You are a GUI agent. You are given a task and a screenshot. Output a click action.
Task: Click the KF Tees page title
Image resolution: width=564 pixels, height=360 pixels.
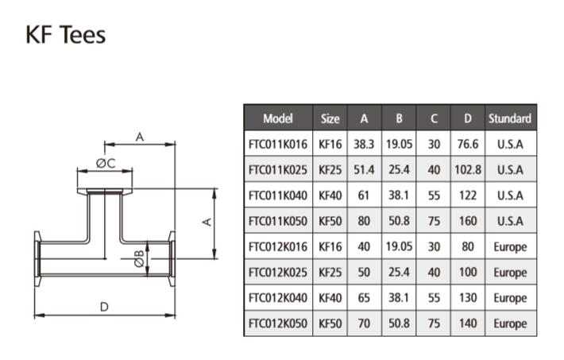click(x=66, y=35)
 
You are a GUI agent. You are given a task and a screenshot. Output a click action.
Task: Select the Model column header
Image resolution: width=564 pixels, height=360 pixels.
click(x=278, y=118)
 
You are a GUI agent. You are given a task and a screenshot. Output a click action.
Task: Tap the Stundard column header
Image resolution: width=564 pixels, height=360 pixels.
click(x=509, y=118)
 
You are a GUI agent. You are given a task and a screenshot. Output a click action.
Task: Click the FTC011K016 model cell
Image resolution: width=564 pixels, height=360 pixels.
click(x=278, y=144)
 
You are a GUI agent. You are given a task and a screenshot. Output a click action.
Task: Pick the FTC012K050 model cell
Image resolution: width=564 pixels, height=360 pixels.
click(x=278, y=323)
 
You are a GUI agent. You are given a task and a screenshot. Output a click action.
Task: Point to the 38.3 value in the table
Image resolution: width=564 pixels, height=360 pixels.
click(x=364, y=144)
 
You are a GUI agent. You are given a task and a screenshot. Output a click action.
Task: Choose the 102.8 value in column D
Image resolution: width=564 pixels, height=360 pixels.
click(x=468, y=169)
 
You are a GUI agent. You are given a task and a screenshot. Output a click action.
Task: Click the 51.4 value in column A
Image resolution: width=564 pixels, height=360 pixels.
click(x=364, y=169)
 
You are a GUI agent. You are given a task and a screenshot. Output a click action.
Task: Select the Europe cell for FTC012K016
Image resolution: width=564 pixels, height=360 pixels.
click(x=509, y=246)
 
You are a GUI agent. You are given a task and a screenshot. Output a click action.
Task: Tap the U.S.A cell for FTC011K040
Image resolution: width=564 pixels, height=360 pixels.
click(x=509, y=195)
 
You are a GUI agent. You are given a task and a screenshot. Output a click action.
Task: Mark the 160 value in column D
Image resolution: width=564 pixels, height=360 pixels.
click(x=468, y=221)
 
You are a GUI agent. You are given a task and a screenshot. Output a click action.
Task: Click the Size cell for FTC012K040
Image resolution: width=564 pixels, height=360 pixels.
click(x=330, y=298)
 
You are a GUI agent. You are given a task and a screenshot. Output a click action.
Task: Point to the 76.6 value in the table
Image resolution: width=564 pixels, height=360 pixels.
click(x=468, y=144)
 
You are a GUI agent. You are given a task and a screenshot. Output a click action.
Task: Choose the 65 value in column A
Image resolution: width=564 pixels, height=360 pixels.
click(x=364, y=298)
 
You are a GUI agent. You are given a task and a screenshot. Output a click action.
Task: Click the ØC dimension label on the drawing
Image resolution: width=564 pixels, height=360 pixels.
click(x=106, y=163)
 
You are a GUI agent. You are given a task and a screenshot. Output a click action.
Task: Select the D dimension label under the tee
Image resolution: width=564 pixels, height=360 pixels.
click(x=103, y=306)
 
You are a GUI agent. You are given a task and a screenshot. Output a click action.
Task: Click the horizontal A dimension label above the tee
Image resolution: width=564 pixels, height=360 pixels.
click(x=140, y=137)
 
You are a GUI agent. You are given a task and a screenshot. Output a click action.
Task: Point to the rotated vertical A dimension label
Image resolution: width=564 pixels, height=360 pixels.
click(x=207, y=223)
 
